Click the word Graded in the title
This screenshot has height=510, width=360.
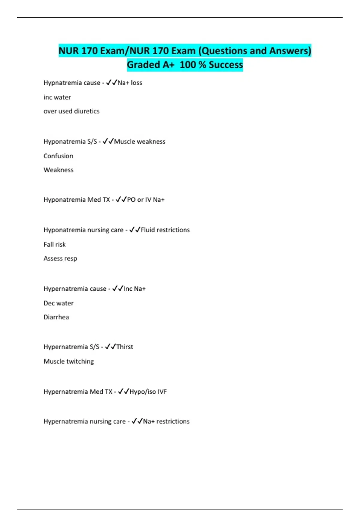pos(143,64)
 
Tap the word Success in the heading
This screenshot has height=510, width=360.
pos(226,64)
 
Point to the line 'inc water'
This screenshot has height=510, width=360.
pos(57,97)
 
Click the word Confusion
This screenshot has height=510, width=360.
pos(58,156)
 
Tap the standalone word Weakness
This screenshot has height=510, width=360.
pos(58,170)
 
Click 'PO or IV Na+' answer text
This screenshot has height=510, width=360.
pos(146,200)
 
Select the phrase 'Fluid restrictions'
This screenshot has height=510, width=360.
pos(165,230)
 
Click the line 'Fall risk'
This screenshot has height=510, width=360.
pos(55,244)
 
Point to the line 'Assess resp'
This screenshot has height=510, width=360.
pos(60,259)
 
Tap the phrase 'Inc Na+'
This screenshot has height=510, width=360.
pos(135,289)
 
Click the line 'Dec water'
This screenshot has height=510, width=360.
pos(58,303)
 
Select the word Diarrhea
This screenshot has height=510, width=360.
pos(56,317)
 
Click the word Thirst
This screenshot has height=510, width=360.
pos(125,347)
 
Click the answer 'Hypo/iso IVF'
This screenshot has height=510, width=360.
pos(148,392)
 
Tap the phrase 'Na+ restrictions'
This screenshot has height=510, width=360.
pos(166,421)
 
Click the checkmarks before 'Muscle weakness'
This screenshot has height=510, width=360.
pos(108,141)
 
